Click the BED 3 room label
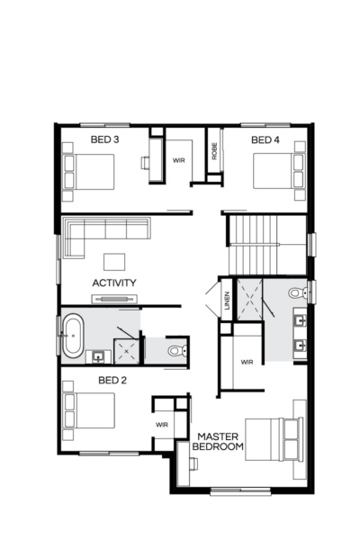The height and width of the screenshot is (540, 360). coord(104,139)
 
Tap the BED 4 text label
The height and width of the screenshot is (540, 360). coord(265,139)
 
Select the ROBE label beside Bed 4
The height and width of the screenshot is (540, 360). coord(214,152)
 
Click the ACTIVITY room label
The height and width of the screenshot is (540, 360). coord(114,283)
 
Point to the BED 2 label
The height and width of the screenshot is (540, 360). coord(112,380)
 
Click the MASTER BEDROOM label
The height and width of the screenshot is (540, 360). coord(221,441)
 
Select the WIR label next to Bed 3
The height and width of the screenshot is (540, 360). coord(179,160)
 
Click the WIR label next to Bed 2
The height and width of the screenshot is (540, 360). coord(162,424)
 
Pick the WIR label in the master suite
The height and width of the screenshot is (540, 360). coord(247,362)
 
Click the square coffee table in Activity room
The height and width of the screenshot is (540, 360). coord(113,261)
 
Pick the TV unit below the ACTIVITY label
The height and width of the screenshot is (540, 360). coord(114,298)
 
